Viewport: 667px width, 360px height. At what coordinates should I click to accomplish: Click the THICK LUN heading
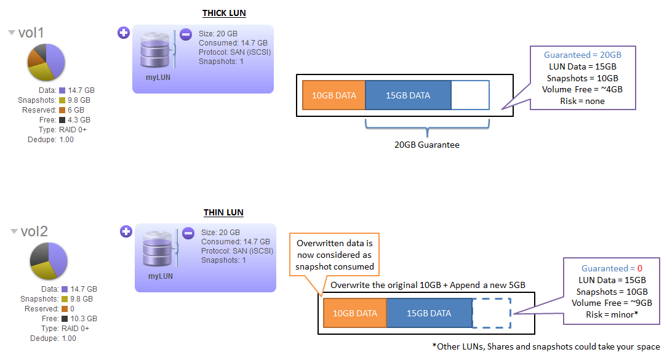[x=224, y=14]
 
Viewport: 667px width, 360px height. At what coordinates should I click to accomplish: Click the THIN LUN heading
[x=223, y=213]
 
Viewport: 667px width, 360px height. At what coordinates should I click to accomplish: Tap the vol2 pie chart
[x=48, y=261]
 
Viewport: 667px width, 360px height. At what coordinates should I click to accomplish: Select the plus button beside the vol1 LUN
[x=123, y=33]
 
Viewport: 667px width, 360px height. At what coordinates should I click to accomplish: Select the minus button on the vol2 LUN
[x=188, y=232]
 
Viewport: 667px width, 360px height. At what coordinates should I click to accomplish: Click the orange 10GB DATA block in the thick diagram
[x=333, y=95]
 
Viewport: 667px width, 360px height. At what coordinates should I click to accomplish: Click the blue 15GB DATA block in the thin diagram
[x=428, y=313]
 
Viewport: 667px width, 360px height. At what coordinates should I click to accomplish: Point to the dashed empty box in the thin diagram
[x=491, y=313]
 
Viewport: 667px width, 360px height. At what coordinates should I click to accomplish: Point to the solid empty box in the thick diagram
[x=470, y=95]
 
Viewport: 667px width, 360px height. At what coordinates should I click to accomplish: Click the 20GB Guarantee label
[x=426, y=145]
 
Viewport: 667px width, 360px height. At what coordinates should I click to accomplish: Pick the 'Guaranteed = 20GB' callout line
[x=582, y=55]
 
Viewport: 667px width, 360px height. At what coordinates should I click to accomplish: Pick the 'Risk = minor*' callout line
[x=613, y=314]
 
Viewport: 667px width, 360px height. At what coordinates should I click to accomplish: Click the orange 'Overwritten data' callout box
[x=334, y=254]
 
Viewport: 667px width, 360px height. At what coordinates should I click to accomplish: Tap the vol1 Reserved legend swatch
[x=62, y=110]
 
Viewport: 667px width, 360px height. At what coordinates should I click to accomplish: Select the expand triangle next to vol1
[x=12, y=33]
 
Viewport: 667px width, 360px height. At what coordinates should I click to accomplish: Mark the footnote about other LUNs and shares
[x=546, y=346]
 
